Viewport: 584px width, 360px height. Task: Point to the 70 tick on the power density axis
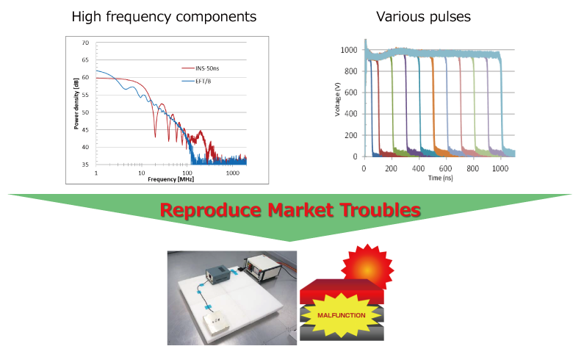click(88, 43)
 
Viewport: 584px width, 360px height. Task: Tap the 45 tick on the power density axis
click(88, 130)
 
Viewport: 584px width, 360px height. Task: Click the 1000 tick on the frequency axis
click(233, 173)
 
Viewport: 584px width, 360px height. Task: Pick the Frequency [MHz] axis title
click(171, 179)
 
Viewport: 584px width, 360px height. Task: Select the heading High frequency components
click(164, 16)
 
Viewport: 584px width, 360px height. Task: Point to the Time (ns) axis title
click(441, 179)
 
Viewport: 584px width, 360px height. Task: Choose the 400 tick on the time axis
click(419, 168)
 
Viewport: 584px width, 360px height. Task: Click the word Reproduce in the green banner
click(209, 211)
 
